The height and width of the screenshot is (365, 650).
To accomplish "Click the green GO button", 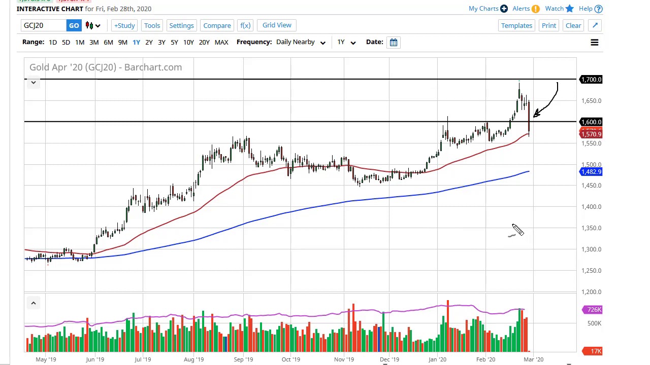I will pos(74,25).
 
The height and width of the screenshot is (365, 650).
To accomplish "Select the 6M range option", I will pos(108,42).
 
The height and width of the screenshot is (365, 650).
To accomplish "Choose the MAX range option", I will pos(221,42).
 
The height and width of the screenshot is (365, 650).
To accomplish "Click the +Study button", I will pos(124,25).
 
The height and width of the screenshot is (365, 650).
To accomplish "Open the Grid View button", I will pos(277,25).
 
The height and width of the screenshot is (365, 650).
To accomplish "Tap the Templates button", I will pos(516,25).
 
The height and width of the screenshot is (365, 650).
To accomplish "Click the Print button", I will pos(548,25).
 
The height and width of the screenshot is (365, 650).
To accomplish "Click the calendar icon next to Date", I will pos(394,42).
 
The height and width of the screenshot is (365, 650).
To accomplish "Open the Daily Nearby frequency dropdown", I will pos(301,42).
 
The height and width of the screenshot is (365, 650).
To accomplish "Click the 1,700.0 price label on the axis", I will pos(591,80).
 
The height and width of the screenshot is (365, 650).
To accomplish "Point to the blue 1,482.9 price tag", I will pos(591,172).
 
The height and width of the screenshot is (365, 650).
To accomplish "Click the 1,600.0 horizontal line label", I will pos(591,122).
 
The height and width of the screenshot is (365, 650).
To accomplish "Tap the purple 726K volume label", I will pos(593,310).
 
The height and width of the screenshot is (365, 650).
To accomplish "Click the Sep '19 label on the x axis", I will pos(243,359).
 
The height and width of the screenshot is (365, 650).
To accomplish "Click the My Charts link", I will pos(483,9).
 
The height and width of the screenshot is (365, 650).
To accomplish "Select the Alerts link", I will pos(521,9).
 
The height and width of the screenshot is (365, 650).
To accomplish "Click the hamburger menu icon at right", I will pos(594,43).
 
